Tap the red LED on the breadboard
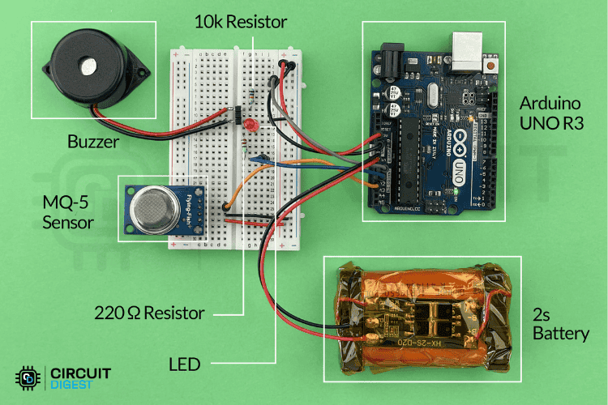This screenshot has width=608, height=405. pyautogui.click(x=251, y=126)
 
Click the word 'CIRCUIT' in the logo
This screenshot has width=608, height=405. pyautogui.click(x=81, y=373)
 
